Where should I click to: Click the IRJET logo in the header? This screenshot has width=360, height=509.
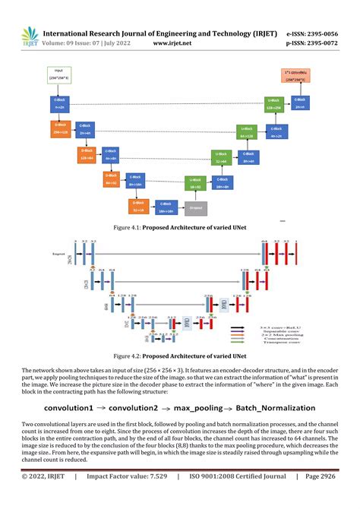coord(28,36)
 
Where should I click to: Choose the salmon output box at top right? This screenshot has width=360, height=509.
coord(295,77)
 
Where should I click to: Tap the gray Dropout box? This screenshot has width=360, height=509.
coord(195,205)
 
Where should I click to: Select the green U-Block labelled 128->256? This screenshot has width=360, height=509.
coord(274,104)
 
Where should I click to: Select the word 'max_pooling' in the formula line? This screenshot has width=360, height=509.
coord(200,407)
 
